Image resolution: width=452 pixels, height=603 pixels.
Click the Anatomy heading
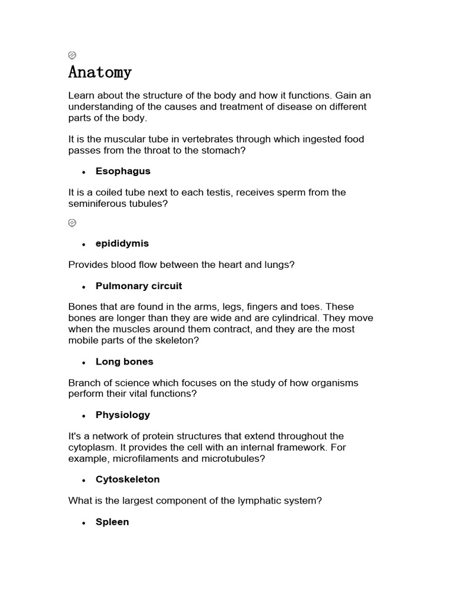point(100,72)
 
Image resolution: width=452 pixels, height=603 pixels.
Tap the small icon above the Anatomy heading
point(72,55)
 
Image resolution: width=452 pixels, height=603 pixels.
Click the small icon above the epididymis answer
point(72,223)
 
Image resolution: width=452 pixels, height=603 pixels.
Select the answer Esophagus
point(123,171)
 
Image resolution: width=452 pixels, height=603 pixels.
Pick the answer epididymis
point(122,244)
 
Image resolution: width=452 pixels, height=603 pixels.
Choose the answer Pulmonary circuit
point(139,286)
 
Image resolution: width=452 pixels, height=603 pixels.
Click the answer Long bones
point(124,362)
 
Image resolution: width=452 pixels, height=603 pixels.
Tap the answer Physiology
point(123,415)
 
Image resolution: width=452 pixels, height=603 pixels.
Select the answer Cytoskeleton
point(128,480)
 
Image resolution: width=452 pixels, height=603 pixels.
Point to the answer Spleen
point(112,522)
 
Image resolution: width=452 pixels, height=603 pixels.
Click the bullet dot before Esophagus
point(84,172)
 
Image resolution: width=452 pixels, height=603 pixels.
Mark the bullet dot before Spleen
point(84,523)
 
